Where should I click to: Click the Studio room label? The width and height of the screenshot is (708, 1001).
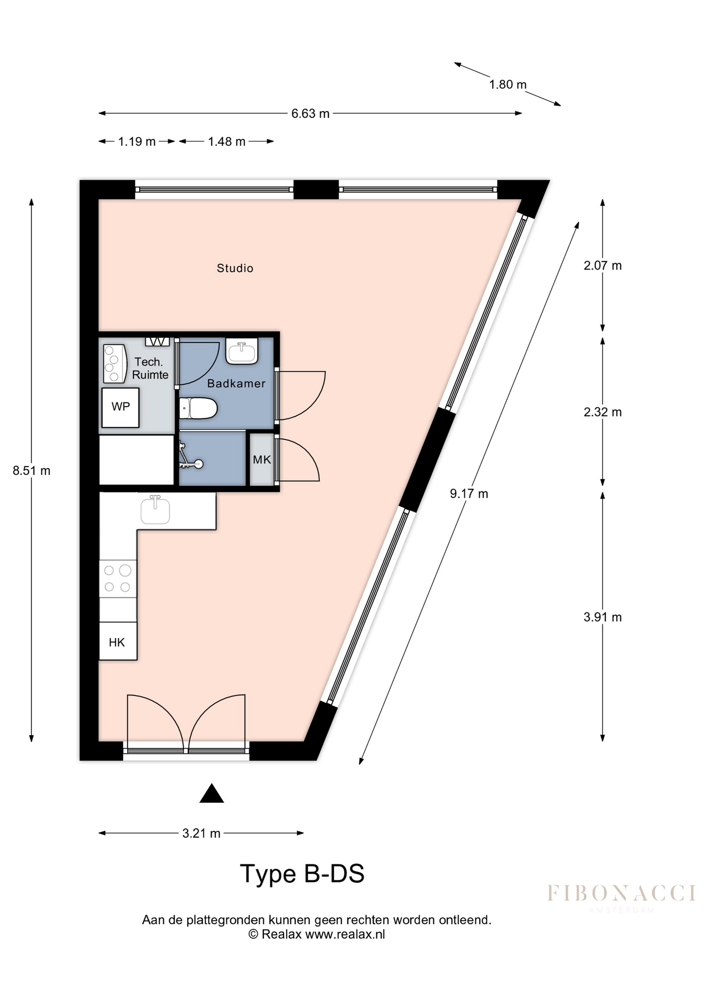[235, 268]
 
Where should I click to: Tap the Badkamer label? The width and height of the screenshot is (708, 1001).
[236, 383]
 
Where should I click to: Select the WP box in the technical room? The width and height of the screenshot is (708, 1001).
[120, 407]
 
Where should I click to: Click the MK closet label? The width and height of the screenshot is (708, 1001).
[262, 459]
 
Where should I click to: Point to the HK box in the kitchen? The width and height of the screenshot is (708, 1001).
[118, 641]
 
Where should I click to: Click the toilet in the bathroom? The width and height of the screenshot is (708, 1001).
[198, 408]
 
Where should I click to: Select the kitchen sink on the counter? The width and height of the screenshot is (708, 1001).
[155, 510]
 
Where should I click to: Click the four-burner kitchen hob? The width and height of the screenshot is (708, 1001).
[118, 579]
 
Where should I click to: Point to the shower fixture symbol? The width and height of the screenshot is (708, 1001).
[189, 456]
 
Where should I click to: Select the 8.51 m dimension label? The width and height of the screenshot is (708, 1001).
[32, 471]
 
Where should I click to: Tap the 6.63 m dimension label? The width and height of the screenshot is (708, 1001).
[310, 114]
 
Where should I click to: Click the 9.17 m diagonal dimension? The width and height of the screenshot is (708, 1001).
[469, 493]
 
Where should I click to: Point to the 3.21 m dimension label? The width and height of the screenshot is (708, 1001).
[201, 833]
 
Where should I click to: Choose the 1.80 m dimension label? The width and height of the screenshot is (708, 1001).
[508, 84]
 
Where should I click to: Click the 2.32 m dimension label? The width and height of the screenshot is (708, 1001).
[603, 412]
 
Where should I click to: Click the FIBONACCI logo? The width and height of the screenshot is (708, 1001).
[621, 894]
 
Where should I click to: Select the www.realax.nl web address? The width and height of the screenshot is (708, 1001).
[345, 934]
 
